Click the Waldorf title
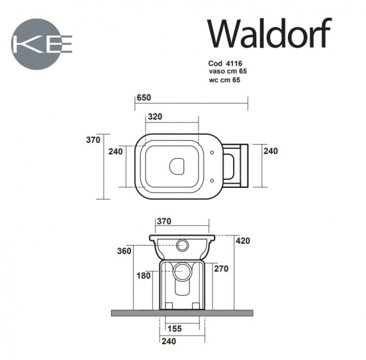coord(270,34)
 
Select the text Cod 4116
coord(225,63)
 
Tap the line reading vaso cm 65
coord(228,71)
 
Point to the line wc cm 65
coord(224,80)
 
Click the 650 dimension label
coord(144,98)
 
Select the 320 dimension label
coord(155,117)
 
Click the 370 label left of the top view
coord(93,140)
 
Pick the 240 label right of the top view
coord(270,151)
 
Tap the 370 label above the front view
coord(164,221)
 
